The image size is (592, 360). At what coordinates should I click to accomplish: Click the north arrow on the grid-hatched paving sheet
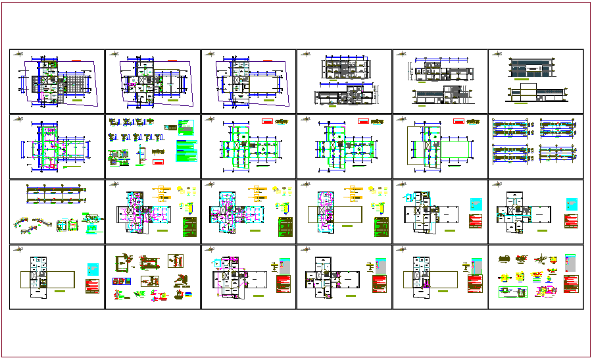(x=20, y=54)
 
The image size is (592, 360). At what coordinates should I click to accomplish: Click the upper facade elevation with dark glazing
(x=533, y=66)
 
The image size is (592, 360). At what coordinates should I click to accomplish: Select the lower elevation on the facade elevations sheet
(x=534, y=93)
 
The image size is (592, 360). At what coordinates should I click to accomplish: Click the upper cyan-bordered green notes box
(x=187, y=126)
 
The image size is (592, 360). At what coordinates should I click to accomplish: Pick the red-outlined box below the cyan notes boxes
(x=158, y=161)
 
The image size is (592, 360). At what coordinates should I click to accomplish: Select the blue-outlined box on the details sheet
(x=124, y=281)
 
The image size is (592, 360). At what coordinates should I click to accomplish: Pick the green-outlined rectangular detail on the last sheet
(x=508, y=293)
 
